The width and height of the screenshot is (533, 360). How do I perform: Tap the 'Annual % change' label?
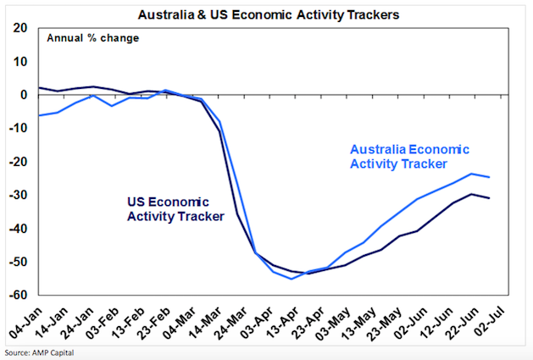pos(93,38)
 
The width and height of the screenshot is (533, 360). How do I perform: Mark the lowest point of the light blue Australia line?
pos(291,279)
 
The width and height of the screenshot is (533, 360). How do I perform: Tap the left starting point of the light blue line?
pos(39,115)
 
